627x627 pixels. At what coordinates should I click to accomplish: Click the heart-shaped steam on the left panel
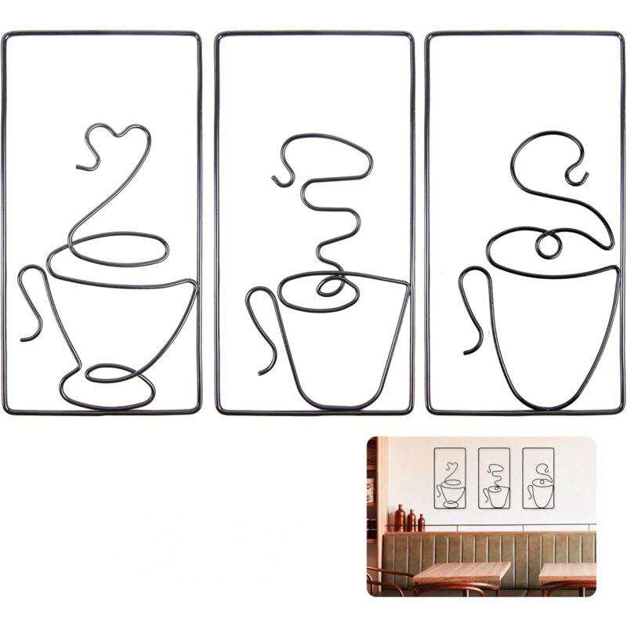click(118, 141)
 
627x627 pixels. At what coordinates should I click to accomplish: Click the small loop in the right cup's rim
click(548, 245)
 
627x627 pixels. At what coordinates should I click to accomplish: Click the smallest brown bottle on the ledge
click(422, 523)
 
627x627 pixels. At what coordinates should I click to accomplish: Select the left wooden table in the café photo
click(461, 572)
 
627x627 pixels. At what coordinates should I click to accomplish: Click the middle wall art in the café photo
click(494, 478)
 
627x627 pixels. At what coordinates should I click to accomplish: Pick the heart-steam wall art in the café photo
click(450, 478)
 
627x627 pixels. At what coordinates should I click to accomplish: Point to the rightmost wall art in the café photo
click(538, 478)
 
